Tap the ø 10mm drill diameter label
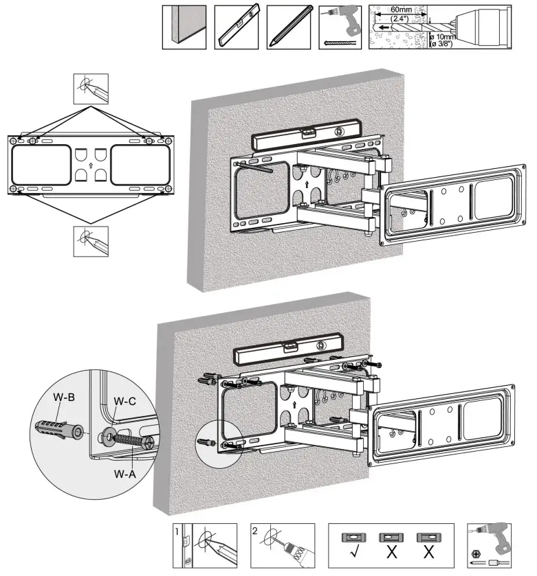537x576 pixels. pyautogui.click(x=444, y=36)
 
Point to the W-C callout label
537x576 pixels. pyautogui.click(x=124, y=402)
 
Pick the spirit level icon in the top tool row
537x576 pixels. pyautogui.click(x=236, y=27)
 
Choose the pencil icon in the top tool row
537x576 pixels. pyautogui.click(x=288, y=27)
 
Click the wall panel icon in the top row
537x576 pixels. pyautogui.click(x=184, y=27)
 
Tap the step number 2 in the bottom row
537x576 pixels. pyautogui.click(x=255, y=531)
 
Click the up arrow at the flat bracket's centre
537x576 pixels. pyautogui.click(x=90, y=165)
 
